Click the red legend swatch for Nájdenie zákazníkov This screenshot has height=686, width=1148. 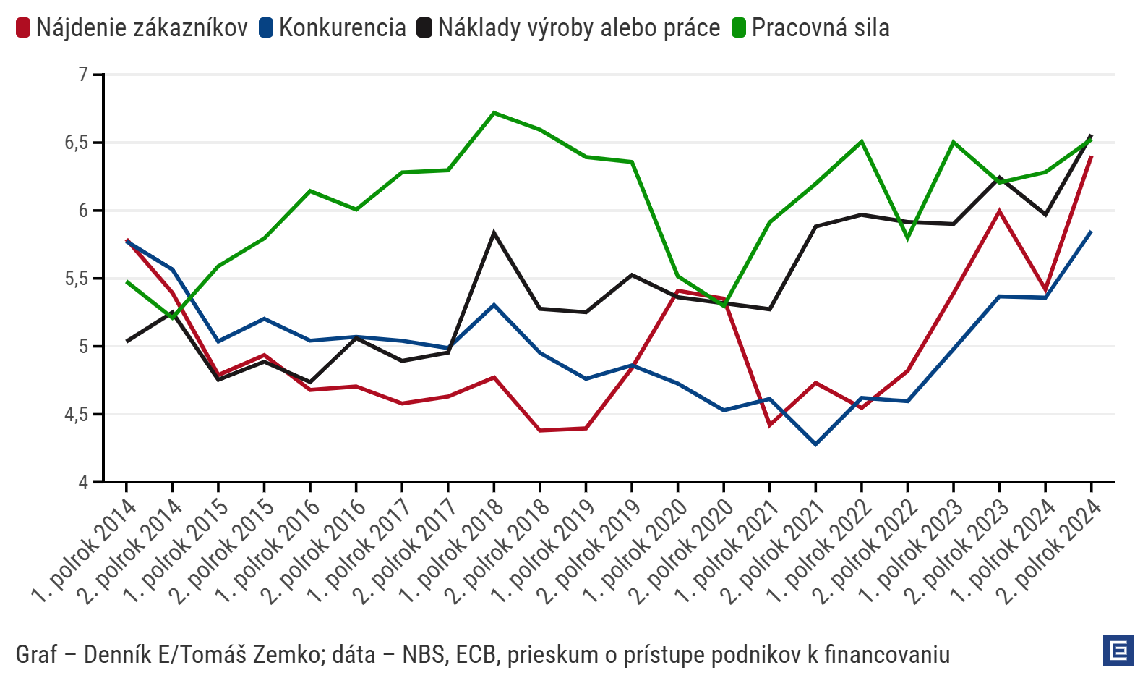click(x=23, y=28)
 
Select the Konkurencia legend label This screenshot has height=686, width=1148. click(x=342, y=28)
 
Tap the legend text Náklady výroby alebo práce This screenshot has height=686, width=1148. click(x=578, y=28)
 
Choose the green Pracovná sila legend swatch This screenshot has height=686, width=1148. click(x=738, y=28)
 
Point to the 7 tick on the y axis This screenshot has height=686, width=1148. click(x=83, y=74)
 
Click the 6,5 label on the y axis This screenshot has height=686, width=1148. click(x=77, y=143)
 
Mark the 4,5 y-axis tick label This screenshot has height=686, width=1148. click(x=77, y=415)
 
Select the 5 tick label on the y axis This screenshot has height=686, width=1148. click(x=83, y=347)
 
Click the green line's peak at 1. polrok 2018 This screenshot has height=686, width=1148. click(x=494, y=113)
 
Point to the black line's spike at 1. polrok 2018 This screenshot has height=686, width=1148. click(x=494, y=232)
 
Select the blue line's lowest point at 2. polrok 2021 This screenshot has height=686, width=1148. click(x=815, y=444)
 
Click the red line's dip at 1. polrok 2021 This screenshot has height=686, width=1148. click(x=769, y=425)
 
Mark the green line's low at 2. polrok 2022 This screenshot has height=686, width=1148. click(x=907, y=238)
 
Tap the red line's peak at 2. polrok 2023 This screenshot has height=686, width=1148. click(x=999, y=211)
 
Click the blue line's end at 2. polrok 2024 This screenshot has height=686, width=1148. click(x=1091, y=232)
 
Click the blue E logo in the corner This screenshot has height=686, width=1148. click(x=1118, y=651)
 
